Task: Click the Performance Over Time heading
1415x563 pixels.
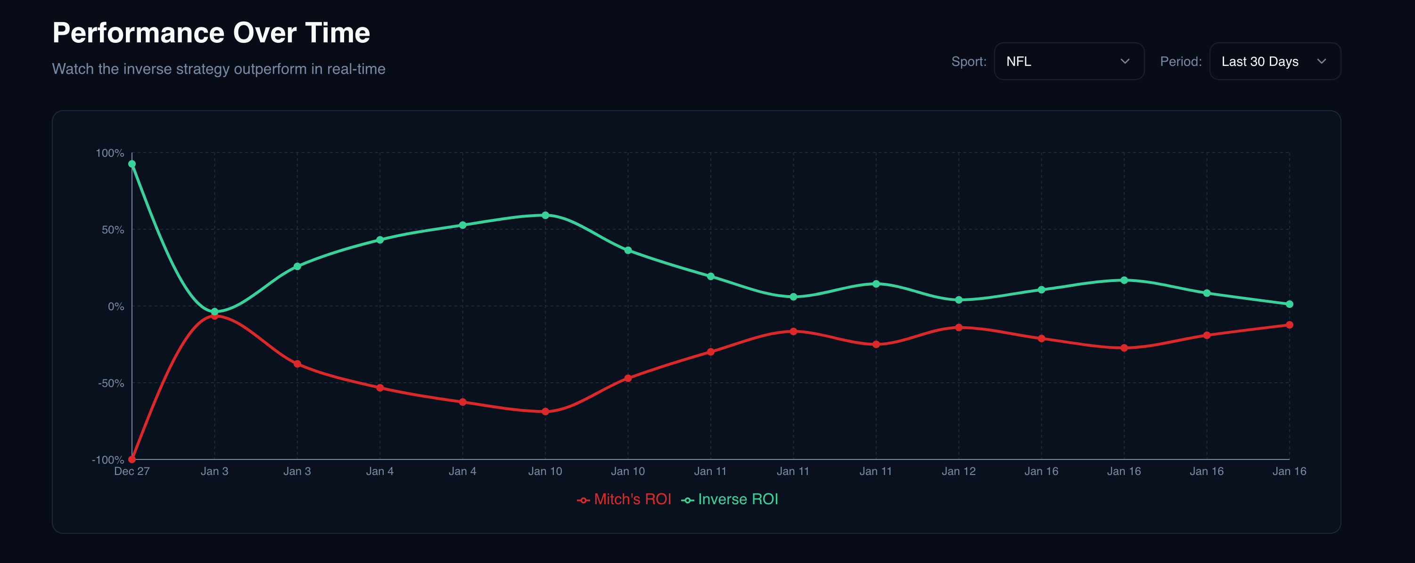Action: pos(211,33)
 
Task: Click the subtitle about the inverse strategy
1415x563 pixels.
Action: pos(219,69)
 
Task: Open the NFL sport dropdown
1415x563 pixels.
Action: pos(1069,62)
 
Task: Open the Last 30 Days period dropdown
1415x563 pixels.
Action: pos(1275,62)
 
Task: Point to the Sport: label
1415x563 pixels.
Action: pos(969,62)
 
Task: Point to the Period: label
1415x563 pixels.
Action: pos(1180,62)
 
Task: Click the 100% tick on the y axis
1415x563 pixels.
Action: pos(110,153)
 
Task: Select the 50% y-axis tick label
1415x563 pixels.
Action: pos(113,230)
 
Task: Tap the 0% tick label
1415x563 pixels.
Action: pos(116,306)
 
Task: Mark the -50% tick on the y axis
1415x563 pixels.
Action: pos(111,383)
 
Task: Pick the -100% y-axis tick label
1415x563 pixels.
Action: pos(107,460)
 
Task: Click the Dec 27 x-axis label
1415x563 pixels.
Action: pos(132,471)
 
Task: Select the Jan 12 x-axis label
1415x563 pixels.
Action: pos(959,471)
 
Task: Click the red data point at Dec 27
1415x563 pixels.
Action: pos(132,459)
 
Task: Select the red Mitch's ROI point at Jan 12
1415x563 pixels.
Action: pos(959,328)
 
